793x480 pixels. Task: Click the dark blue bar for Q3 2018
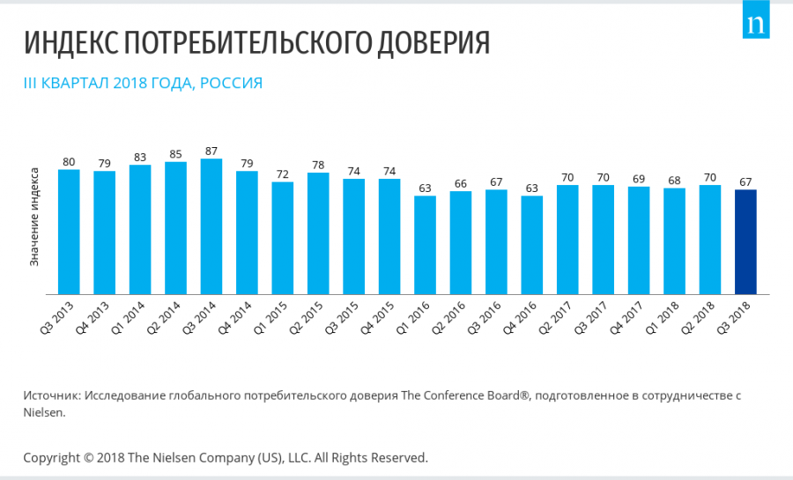click(745, 241)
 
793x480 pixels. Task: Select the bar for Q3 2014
click(211, 226)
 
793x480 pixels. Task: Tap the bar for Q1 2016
click(426, 245)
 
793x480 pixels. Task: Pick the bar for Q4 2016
click(532, 245)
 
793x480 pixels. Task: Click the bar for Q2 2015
click(318, 233)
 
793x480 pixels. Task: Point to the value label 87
click(211, 151)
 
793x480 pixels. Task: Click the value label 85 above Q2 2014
click(175, 154)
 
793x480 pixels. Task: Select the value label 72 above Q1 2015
click(283, 174)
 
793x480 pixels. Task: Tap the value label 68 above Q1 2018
click(674, 181)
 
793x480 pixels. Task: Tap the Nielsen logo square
click(755, 25)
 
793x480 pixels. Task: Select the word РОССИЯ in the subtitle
click(231, 84)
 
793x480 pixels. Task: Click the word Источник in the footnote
click(51, 395)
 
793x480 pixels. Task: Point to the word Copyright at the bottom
click(51, 457)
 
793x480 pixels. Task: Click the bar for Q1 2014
click(140, 230)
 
